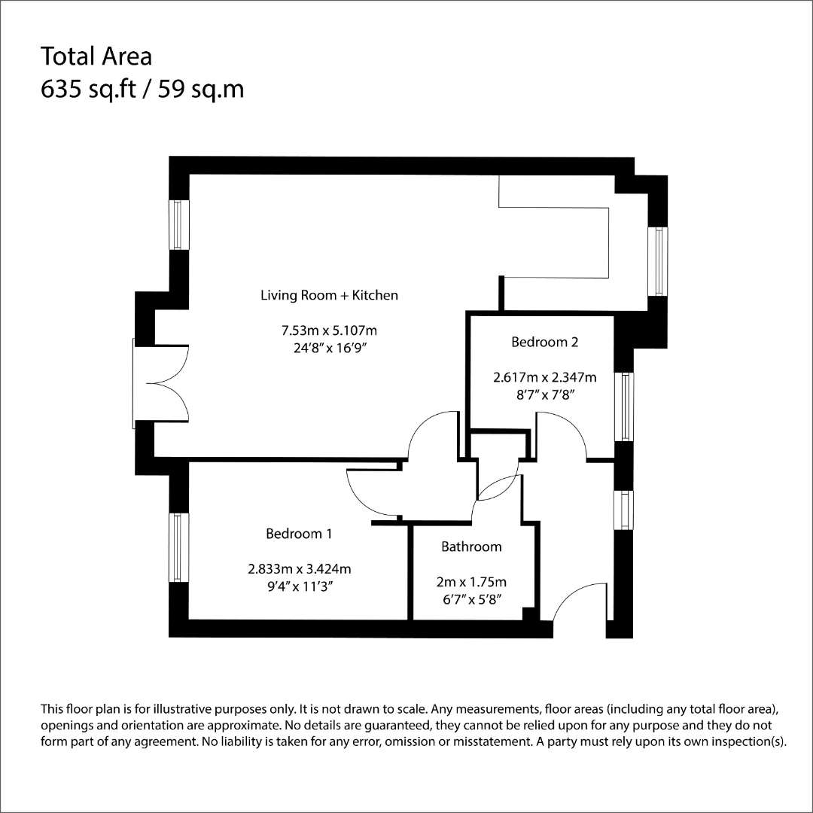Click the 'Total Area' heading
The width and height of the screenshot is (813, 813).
tap(96, 56)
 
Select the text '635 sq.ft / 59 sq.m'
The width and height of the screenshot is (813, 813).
tap(142, 89)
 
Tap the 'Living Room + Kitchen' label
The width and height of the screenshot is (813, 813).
tap(329, 295)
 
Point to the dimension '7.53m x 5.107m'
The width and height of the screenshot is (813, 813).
tap(329, 330)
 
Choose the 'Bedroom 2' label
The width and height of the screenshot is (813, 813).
tap(544, 342)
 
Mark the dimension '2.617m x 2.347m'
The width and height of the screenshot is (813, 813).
tap(544, 377)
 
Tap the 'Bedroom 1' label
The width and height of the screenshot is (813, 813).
tap(299, 533)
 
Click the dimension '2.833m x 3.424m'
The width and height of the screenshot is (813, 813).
tap(299, 569)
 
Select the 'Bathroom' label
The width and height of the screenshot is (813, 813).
tap(471, 547)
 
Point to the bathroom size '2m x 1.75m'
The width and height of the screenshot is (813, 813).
tap(471, 582)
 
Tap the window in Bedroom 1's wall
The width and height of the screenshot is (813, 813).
tap(178, 547)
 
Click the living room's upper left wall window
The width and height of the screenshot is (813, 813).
tap(178, 224)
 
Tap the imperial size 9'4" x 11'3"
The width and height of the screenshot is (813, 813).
tap(299, 586)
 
